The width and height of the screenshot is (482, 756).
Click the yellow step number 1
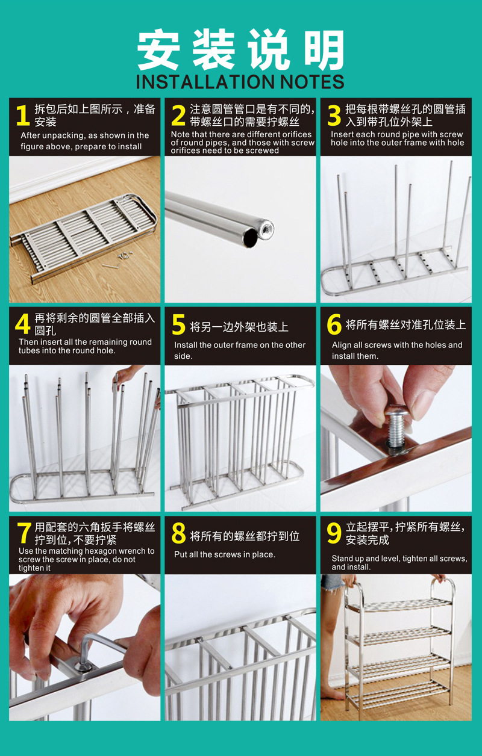23,115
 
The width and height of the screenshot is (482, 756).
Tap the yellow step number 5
179,324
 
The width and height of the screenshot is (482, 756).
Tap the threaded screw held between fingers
397,426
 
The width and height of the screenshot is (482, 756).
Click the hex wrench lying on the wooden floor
111,266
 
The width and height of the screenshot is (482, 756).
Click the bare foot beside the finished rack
333,693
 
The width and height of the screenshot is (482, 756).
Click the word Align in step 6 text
339,345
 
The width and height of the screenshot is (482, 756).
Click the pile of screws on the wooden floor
125,255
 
